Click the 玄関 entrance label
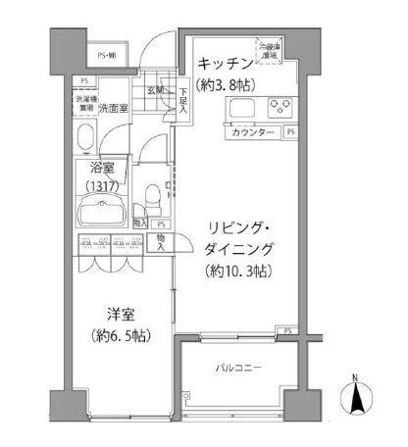point(157,92)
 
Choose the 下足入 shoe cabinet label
point(182,100)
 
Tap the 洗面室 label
point(115,107)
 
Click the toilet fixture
point(149,199)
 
